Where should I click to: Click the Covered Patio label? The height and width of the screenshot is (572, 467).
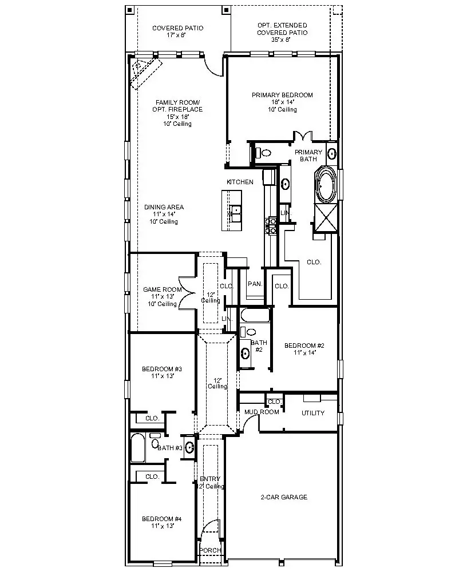[x=177, y=31]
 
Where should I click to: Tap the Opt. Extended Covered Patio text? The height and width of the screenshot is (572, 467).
[x=282, y=33]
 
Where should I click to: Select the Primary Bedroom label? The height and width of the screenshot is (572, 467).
[x=282, y=102]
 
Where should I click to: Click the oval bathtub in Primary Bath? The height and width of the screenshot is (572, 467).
[x=326, y=185]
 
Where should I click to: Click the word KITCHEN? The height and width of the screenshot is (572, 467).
[x=240, y=182]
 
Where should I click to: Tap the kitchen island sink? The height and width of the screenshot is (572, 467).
[x=235, y=213]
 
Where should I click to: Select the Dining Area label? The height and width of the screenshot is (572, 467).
[x=164, y=214]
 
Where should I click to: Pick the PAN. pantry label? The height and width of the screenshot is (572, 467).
[x=255, y=284]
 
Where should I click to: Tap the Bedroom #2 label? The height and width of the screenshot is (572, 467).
[x=304, y=349]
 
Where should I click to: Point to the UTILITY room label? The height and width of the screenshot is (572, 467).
[x=312, y=413]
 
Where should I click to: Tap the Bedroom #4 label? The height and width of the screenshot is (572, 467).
[x=162, y=522]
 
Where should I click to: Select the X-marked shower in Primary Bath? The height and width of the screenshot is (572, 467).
[x=326, y=217]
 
